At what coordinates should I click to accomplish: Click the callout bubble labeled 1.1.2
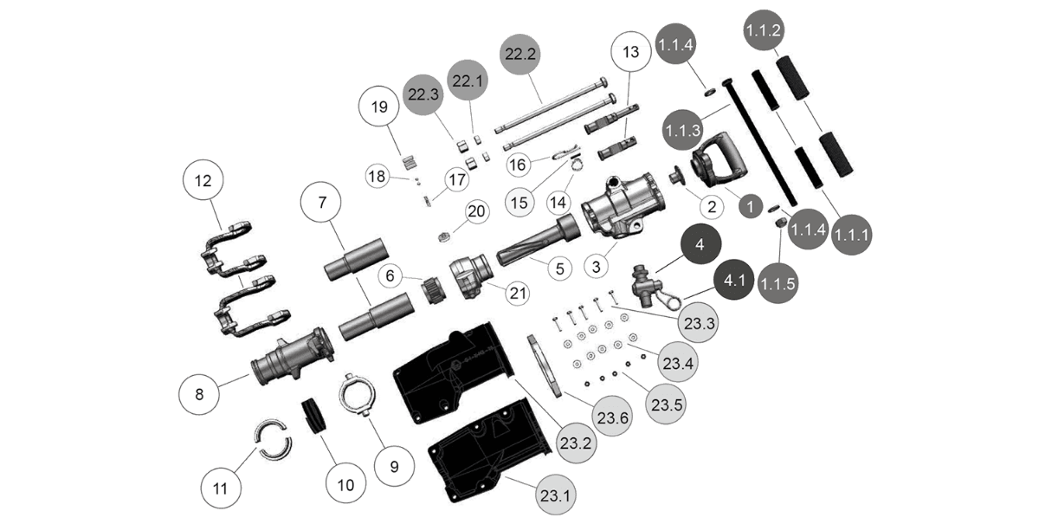(x=763, y=29)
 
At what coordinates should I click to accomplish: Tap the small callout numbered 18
(x=378, y=176)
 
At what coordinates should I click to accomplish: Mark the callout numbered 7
(x=321, y=204)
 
